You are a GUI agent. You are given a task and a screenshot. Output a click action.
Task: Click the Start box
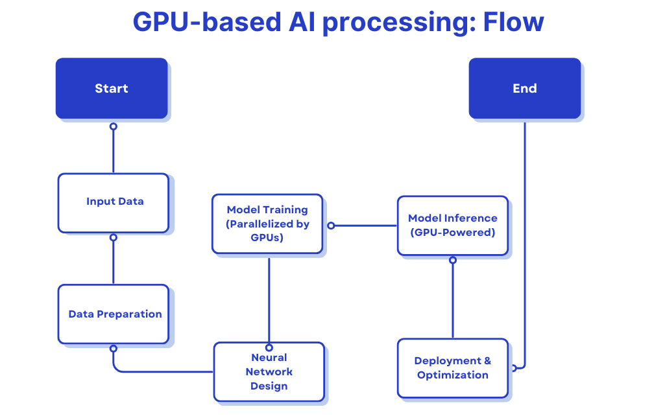pyautogui.click(x=112, y=88)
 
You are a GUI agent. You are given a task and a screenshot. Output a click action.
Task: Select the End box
pyautogui.click(x=525, y=88)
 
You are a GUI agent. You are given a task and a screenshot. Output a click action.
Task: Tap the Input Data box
pyautogui.click(x=114, y=203)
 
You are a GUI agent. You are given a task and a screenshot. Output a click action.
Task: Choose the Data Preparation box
pyautogui.click(x=114, y=314)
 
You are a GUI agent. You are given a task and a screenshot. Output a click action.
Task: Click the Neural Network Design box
pyautogui.click(x=269, y=371)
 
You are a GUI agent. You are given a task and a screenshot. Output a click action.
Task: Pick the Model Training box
pyautogui.click(x=267, y=224)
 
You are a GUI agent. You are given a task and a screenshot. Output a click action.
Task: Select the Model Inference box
pyautogui.click(x=453, y=226)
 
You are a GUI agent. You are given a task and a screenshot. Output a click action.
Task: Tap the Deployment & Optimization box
pyautogui.click(x=453, y=368)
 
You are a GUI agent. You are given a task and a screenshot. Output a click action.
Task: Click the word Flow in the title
pyautogui.click(x=513, y=22)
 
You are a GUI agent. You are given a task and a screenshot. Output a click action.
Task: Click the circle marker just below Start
pyautogui.click(x=114, y=126)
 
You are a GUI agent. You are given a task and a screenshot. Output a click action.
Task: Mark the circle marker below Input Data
pyautogui.click(x=114, y=237)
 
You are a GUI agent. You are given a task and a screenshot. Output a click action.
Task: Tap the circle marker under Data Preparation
pyautogui.click(x=114, y=348)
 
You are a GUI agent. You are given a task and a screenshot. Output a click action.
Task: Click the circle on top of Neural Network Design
pyautogui.click(x=269, y=347)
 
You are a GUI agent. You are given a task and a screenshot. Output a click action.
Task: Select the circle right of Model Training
pyautogui.click(x=331, y=226)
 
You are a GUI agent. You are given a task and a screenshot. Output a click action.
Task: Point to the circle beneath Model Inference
pyautogui.click(x=453, y=260)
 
